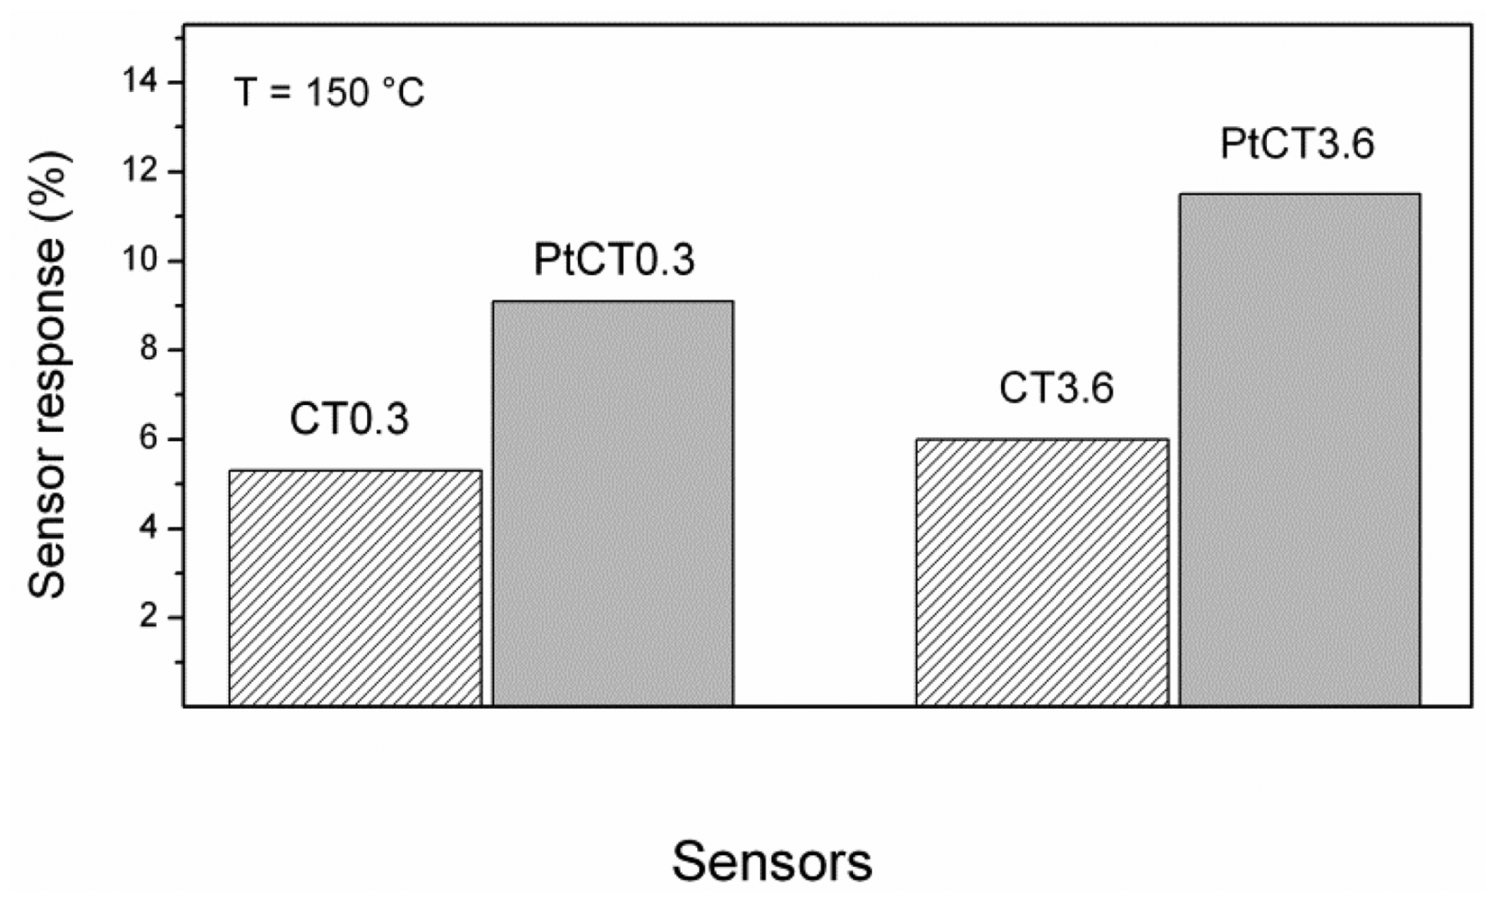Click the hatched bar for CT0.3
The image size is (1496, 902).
(355, 587)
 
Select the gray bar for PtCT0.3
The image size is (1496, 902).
(613, 502)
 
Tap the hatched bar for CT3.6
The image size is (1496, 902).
(1042, 572)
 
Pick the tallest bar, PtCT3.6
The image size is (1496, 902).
(1299, 448)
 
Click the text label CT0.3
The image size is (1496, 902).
(349, 419)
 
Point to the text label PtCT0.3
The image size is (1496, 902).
(614, 260)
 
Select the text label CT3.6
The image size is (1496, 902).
(1056, 389)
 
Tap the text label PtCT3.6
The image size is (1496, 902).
(1297, 144)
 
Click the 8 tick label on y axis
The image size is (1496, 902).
(149, 350)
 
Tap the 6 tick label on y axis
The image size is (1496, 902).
(149, 439)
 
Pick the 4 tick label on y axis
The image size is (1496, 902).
(149, 529)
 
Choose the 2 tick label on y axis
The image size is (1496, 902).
(149, 618)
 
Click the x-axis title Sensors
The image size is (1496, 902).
(772, 861)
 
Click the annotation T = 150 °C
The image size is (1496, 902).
(329, 93)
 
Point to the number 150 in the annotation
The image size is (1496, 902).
(335, 93)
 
